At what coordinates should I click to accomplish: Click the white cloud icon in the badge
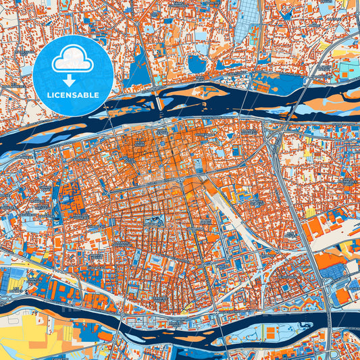[x=72, y=59]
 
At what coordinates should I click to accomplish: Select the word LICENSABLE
[x=72, y=95]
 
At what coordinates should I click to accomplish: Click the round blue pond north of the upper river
[x=197, y=64]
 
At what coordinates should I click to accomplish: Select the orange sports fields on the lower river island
[x=271, y=334]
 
